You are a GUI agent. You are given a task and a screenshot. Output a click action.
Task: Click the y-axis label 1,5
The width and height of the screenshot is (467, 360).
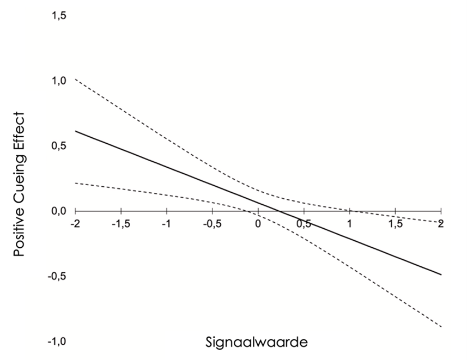coord(59,16)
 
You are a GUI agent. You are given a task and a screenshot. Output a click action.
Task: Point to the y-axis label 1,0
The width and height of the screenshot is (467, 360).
coord(59,81)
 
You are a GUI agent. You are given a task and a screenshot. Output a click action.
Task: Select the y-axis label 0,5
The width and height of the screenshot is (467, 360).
coord(59,145)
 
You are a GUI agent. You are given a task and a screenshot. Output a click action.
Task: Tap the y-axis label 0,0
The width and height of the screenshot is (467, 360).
coord(59,211)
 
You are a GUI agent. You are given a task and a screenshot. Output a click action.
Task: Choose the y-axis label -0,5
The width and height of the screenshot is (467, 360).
coord(58,276)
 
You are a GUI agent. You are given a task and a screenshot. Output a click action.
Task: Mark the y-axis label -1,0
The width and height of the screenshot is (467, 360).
coord(58,341)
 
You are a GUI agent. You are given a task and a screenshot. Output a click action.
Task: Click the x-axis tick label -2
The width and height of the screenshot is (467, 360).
coord(75,224)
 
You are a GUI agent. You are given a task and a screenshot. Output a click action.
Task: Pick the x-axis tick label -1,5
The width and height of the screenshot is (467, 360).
coord(120,224)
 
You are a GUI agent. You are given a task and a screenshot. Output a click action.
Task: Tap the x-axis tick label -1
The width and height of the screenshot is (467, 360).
coord(166,224)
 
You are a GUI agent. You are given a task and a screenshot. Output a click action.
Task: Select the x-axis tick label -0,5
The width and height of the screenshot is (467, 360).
coord(212,224)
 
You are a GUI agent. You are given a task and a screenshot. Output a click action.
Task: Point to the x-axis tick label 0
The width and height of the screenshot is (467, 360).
coord(258,224)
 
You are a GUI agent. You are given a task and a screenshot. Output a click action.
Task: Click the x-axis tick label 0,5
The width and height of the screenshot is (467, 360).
coord(304,224)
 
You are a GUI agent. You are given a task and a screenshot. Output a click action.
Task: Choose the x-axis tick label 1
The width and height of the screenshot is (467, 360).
coord(349,224)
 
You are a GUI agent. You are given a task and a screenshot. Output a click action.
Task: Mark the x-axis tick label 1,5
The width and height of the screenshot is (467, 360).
coord(395,224)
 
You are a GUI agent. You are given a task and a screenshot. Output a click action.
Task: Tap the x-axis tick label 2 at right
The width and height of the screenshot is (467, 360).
coord(440,224)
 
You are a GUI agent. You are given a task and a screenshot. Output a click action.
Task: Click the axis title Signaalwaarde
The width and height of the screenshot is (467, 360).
coord(257,343)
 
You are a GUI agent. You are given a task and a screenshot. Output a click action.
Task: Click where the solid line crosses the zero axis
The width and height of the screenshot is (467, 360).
coord(278,211)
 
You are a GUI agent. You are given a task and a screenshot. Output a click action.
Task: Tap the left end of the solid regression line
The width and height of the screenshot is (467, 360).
coord(76,131)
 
